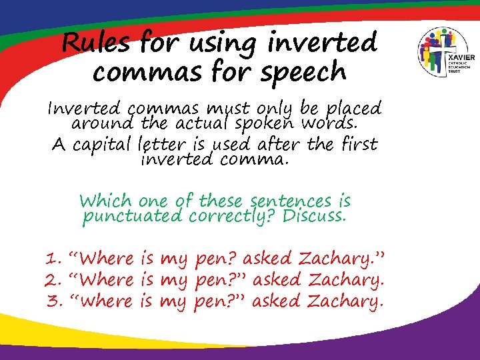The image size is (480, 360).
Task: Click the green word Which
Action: tap(106, 201)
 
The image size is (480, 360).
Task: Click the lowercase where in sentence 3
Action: tap(106, 301)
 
